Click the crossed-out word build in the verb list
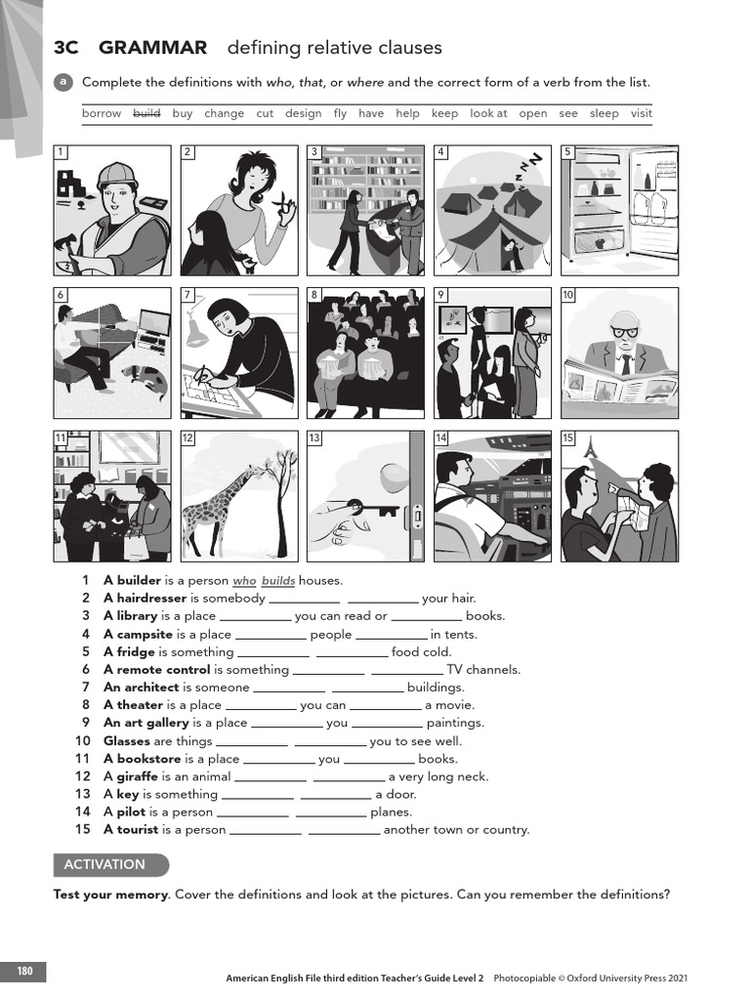click(146, 113)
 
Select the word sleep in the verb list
click(604, 113)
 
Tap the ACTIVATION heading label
click(104, 864)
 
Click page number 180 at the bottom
click(24, 971)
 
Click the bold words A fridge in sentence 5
click(129, 651)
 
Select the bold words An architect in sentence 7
click(142, 687)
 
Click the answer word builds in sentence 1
click(277, 580)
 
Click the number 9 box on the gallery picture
click(441, 294)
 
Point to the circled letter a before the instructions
click(62, 82)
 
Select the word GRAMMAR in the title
click(153, 48)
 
